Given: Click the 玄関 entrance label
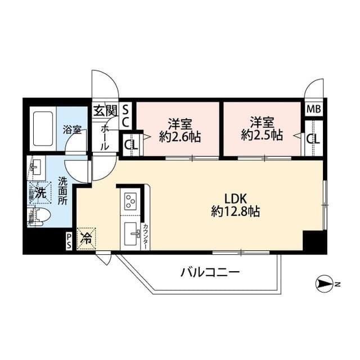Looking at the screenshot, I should click(105, 110).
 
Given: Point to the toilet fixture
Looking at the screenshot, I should click(39, 214).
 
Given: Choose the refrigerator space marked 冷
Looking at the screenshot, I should click(87, 238).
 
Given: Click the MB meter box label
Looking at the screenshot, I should click(313, 109).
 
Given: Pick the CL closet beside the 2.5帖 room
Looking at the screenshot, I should click(313, 137).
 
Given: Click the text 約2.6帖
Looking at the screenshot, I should click(180, 137).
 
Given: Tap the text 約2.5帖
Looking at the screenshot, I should click(262, 136).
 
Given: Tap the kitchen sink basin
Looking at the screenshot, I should click(132, 232).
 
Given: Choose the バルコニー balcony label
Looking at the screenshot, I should click(210, 273).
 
